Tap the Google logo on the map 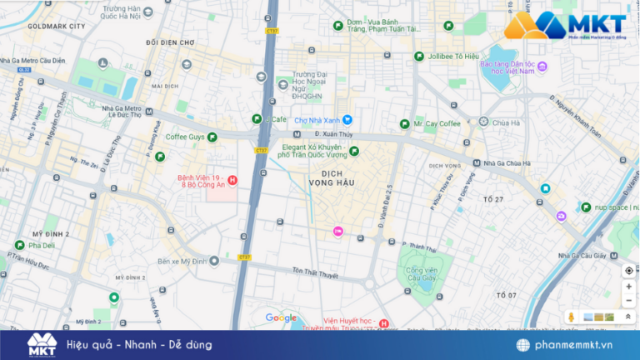click(x=281, y=317)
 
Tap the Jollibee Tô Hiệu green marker click(x=419, y=57)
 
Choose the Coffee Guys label click(x=185, y=137)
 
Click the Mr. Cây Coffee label click(x=437, y=123)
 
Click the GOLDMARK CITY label click(x=56, y=27)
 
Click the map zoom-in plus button click(x=628, y=287)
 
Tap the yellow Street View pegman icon click(x=572, y=317)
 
